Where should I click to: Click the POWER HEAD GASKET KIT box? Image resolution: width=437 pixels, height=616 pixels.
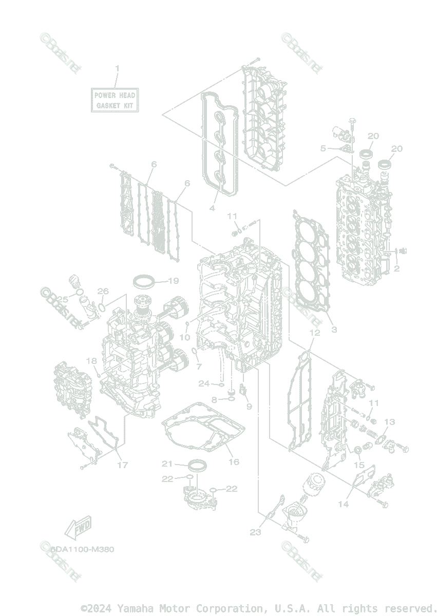pos(115,100)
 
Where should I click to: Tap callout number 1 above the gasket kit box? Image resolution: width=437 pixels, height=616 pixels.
pos(117,68)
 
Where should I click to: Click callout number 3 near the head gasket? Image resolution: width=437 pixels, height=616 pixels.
pos(334,329)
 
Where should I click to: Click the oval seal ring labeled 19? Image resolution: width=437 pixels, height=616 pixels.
pos(144,281)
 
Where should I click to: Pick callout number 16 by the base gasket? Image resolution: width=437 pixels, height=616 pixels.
pos(234,462)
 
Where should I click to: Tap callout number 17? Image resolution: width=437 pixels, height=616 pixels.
pos(122,465)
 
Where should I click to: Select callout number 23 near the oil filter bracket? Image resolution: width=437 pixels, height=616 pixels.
pos(255,532)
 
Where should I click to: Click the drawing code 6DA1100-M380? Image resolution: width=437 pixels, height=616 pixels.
pos(82,549)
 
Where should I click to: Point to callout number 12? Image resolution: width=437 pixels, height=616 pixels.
pos(315,333)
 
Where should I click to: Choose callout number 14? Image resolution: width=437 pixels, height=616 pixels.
pos(343,504)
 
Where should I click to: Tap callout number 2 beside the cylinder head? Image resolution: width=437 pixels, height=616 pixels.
pos(396,268)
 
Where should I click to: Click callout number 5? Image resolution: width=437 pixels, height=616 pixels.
pos(323,148)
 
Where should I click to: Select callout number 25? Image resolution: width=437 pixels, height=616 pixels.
pos(63,299)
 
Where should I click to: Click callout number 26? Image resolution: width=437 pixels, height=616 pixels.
pos(103,292)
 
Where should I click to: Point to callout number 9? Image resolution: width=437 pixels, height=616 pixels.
pos(249,406)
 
